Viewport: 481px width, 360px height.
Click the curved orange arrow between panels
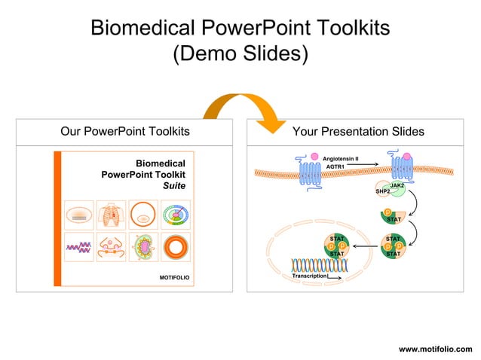[240, 108]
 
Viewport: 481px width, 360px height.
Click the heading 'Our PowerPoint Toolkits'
[125, 132]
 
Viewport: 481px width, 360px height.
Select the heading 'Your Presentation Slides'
[357, 132]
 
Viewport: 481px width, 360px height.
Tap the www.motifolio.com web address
[435, 349]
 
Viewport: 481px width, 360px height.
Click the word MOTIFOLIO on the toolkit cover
[174, 278]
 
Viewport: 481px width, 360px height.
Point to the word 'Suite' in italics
[174, 185]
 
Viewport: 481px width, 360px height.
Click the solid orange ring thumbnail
[175, 246]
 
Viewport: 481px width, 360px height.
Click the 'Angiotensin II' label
[340, 159]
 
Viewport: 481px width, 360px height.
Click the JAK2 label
[397, 185]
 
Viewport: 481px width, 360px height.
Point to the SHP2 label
[382, 191]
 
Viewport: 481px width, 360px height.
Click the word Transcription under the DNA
[309, 276]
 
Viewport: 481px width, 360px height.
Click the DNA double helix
[323, 264]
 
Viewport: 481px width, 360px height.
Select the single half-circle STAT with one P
[393, 215]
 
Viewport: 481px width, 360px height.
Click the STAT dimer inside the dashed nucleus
[337, 246]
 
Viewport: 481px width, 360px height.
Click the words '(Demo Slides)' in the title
[240, 54]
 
